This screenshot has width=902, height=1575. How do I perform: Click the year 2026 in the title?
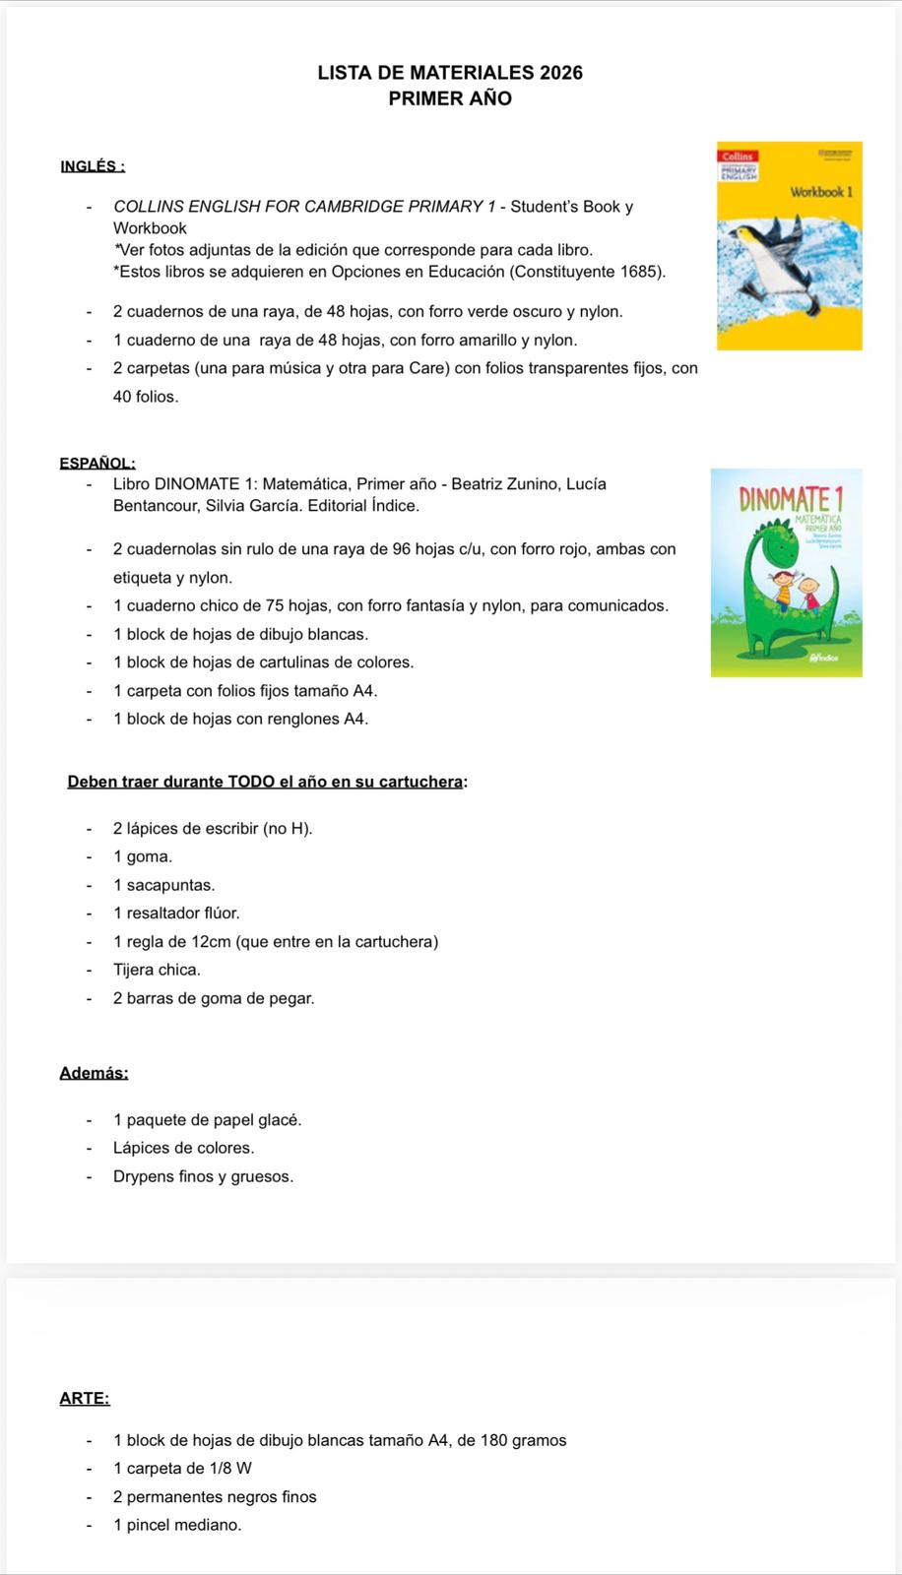pos(561,73)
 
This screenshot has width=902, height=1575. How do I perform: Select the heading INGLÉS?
pos(92,166)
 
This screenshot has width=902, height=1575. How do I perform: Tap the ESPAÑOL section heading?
pos(97,463)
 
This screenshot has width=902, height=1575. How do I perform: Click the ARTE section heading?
pos(85,1398)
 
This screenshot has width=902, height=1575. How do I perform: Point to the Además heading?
pos(94,1073)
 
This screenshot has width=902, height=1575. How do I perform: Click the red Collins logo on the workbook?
pos(738,156)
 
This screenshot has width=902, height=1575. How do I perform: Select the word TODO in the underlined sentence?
pos(252,782)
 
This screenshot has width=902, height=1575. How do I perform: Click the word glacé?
pos(280,1120)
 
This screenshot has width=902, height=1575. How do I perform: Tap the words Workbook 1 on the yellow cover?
pos(820,192)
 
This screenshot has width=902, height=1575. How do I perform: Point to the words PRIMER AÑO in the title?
pos(450,98)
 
